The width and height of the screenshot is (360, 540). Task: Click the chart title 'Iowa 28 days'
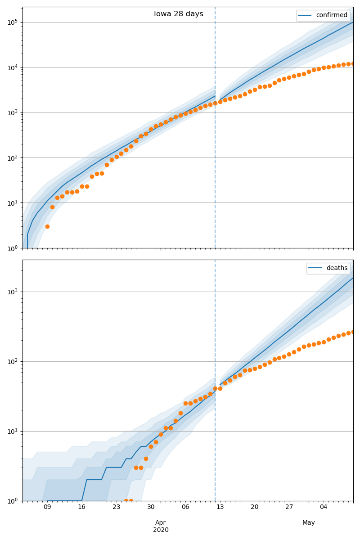point(179,14)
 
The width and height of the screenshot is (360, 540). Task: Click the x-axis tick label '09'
point(47,507)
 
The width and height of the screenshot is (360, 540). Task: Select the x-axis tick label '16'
point(81,507)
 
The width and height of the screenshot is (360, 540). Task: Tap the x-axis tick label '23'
point(116,507)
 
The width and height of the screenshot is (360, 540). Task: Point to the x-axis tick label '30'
point(151,507)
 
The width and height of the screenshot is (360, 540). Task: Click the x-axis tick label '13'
point(220,507)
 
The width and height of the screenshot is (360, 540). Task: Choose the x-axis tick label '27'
point(289,507)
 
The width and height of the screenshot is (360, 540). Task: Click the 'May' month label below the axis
point(309,522)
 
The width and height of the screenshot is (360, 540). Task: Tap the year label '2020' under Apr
point(161,530)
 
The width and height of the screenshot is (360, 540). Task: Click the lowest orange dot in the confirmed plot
point(47,226)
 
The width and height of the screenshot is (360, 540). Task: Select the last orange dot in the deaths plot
point(353,332)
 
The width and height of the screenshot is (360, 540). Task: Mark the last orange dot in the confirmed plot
point(353,63)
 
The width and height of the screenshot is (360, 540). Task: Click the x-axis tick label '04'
point(324,507)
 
